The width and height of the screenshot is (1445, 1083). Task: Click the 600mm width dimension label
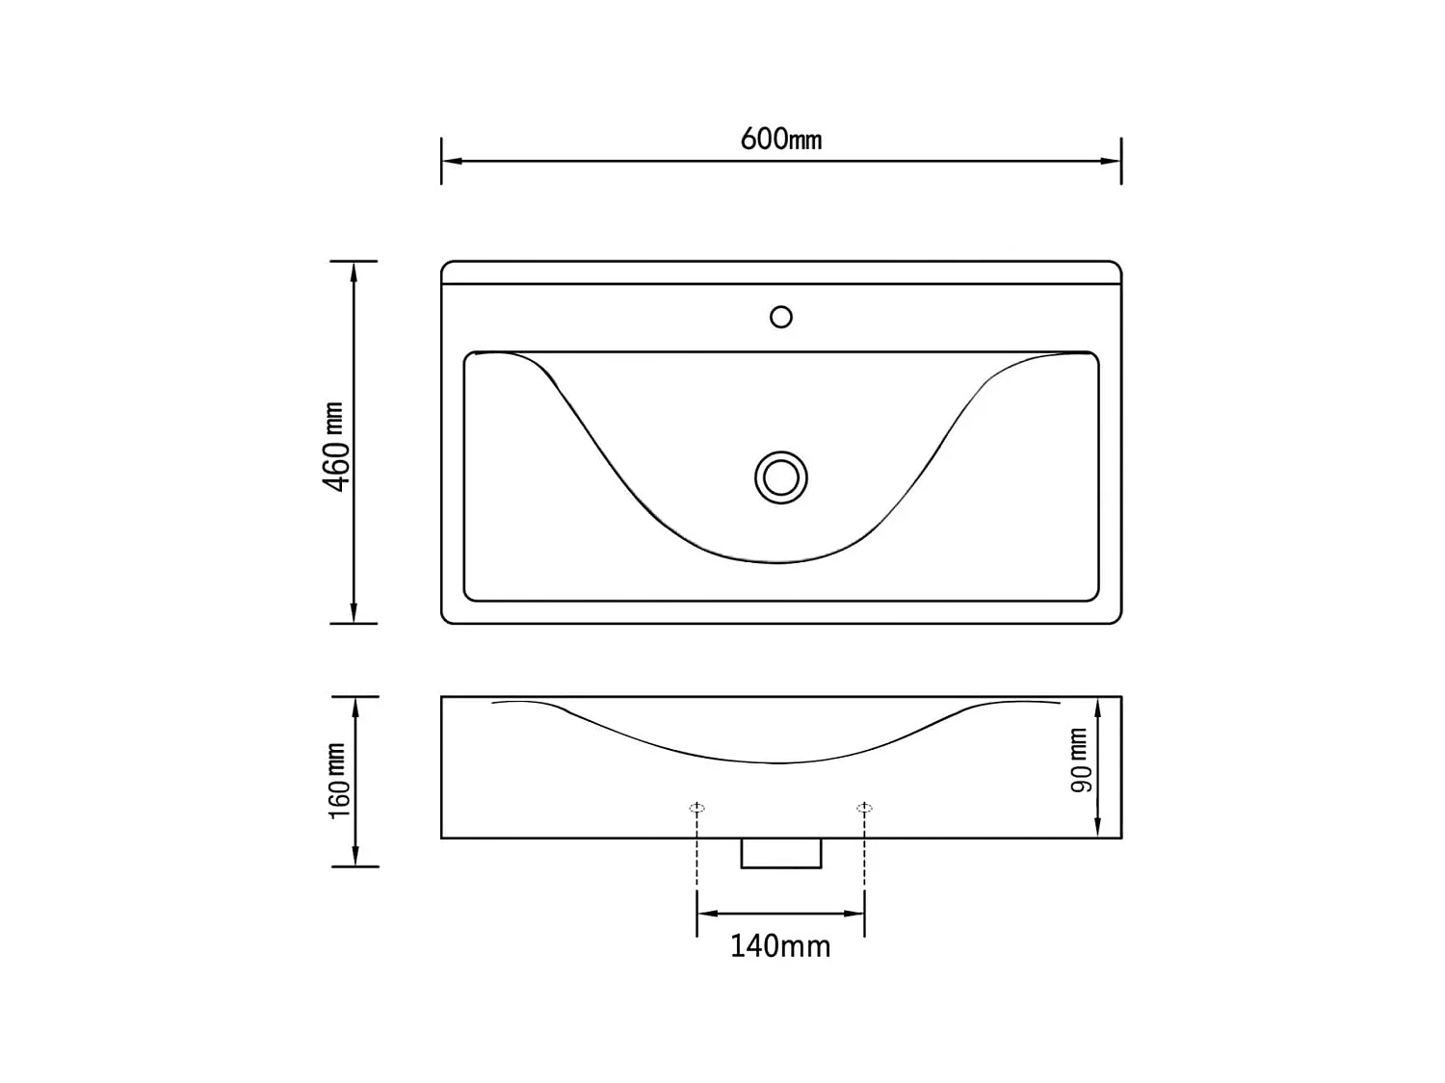[780, 140]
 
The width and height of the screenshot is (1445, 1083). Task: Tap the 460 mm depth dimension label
[334, 447]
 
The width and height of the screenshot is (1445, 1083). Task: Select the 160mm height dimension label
[338, 781]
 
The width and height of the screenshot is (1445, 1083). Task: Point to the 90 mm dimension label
[1081, 761]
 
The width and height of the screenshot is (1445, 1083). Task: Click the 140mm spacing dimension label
[780, 946]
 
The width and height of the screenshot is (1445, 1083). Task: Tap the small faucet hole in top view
[781, 317]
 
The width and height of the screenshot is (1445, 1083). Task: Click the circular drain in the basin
[780, 477]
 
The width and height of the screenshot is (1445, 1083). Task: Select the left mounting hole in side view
[697, 809]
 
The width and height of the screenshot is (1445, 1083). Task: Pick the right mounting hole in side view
[864, 809]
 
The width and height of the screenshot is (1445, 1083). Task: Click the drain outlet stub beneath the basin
[781, 853]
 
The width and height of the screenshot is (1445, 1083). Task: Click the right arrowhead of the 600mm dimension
[1112, 161]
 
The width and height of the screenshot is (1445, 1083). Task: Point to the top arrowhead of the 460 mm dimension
[355, 270]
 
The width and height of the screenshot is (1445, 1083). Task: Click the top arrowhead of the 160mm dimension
[355, 706]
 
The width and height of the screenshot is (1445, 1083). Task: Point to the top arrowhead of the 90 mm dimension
[1098, 706]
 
